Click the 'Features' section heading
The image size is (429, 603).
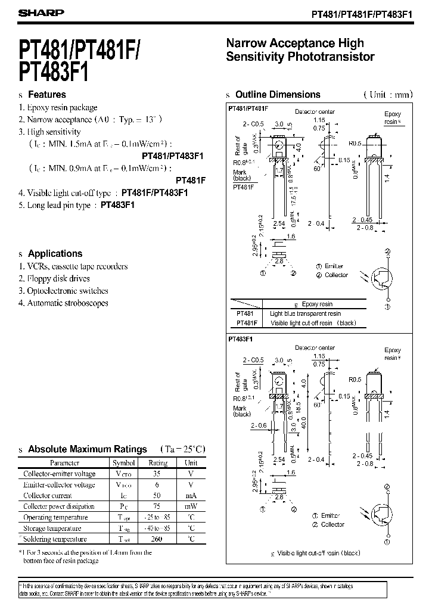point(47,95)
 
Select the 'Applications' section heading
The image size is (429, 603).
point(55,253)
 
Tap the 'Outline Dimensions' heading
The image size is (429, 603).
point(278,95)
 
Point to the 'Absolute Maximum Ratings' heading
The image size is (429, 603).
point(88,449)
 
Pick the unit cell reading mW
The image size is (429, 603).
point(191,506)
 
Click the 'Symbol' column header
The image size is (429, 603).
point(124,462)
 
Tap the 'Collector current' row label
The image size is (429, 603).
point(48,495)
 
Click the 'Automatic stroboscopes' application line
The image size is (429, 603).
point(67,303)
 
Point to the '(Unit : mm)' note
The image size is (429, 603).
point(388,95)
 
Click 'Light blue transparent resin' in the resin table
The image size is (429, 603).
point(306,313)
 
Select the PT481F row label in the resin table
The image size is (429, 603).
point(246,322)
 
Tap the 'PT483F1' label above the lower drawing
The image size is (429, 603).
point(241,338)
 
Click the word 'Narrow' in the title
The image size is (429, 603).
point(246,43)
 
